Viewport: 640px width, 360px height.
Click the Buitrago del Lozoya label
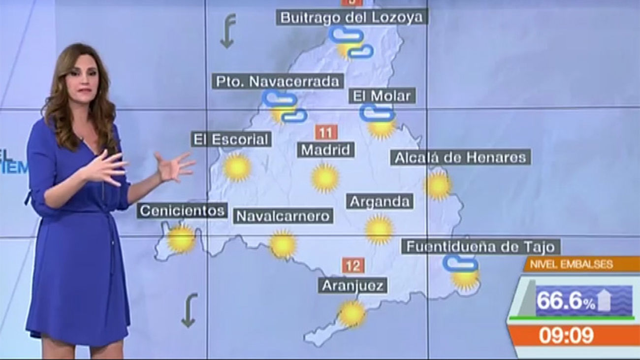pos(351,18)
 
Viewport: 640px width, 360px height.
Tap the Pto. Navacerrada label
pos(278,81)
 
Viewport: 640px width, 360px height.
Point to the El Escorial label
pos(231,139)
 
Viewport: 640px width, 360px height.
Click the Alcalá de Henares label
pos(461,158)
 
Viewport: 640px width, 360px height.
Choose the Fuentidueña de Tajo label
pos(481,246)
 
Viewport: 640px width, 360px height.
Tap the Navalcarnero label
pos(283,216)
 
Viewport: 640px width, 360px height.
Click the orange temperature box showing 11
pos(325,132)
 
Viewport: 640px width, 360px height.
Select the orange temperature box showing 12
pos(353,266)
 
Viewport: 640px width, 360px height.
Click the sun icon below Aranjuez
pos(352,314)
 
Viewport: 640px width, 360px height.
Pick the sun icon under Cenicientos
pos(181,239)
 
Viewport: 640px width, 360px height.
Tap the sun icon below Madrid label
pos(325,178)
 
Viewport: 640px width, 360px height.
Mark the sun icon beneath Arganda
pos(379,229)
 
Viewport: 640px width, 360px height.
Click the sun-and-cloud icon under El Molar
pos(380,121)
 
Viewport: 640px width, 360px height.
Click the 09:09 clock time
pos(566,335)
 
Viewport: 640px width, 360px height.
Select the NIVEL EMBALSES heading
pos(571,264)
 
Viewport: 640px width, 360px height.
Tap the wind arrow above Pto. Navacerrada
pos(227,31)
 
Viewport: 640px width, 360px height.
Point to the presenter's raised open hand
pos(173,166)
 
